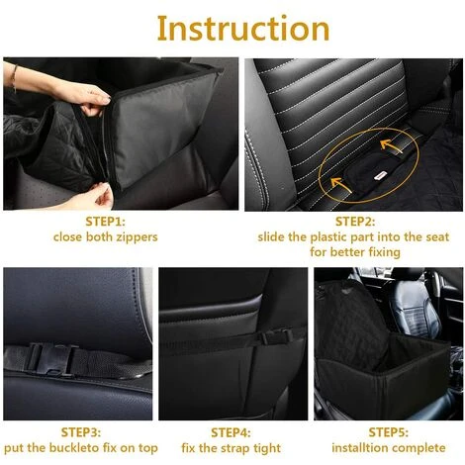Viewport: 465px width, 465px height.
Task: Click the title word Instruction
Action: pos(232,28)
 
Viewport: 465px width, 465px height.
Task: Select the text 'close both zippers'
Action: pos(105,237)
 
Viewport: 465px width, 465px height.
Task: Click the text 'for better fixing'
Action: pos(357,252)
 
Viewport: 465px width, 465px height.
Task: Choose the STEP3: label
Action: pos(80,432)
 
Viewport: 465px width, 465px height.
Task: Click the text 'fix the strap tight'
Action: pos(231,448)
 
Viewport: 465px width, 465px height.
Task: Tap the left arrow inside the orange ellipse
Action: pos(336,181)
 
